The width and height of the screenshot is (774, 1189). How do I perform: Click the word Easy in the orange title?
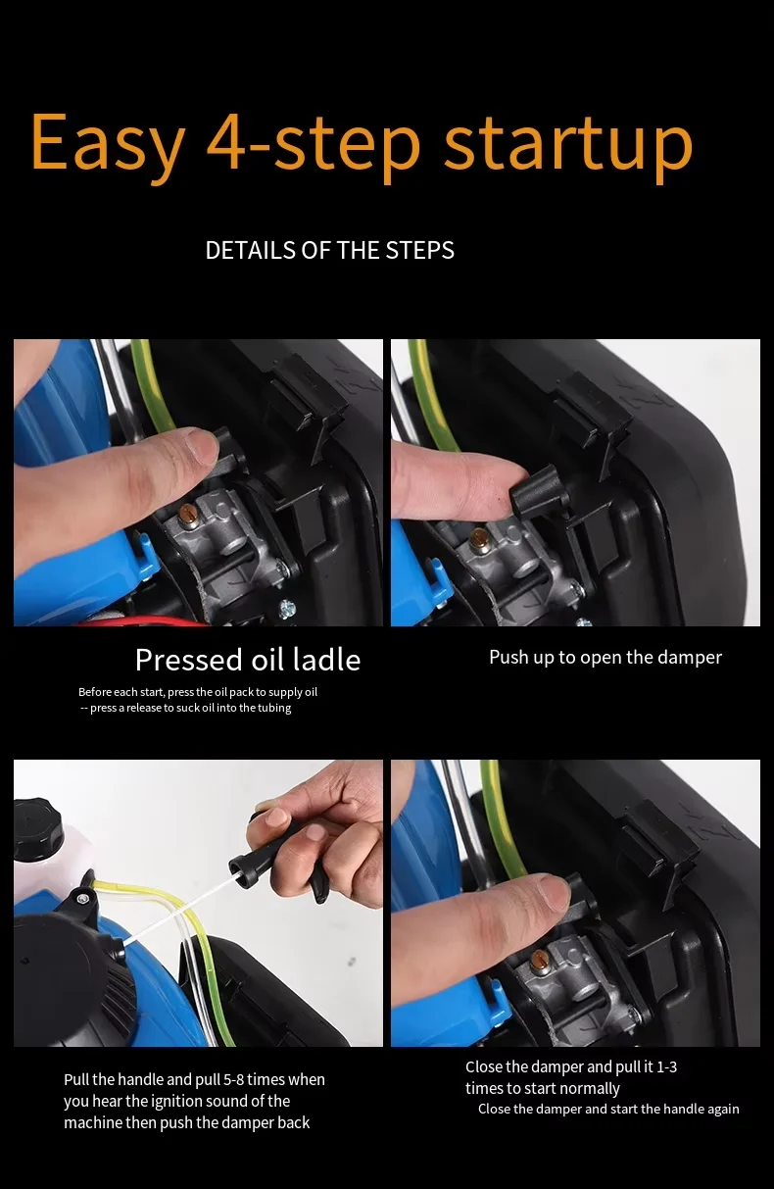coord(108,143)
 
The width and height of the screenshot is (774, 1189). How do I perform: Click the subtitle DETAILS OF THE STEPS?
coord(329,251)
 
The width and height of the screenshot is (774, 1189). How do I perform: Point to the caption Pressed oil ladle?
coord(248,660)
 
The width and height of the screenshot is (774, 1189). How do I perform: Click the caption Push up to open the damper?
coord(605,658)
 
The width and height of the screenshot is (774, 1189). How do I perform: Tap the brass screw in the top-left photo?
coord(187,513)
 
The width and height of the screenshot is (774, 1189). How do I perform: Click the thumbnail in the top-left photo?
coord(199,446)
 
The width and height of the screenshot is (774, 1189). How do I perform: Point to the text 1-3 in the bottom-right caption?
coord(667,1066)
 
